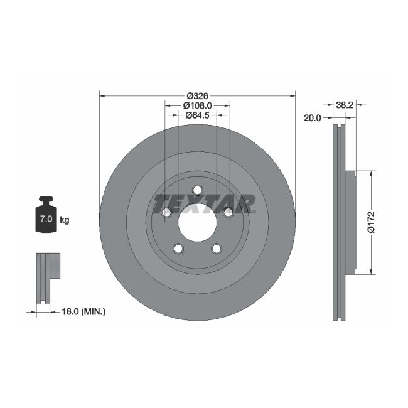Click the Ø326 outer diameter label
click(197, 96)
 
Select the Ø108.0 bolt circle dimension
click(197, 106)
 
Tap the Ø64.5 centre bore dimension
click(197, 115)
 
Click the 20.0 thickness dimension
click(312, 117)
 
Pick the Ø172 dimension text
click(371, 223)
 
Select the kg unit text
click(64, 220)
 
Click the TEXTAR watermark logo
click(204, 203)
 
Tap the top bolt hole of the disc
click(197, 190)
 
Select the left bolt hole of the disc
click(166, 213)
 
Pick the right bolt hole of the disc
click(228, 213)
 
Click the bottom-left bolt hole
click(178, 249)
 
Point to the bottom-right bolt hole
click(216, 249)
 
